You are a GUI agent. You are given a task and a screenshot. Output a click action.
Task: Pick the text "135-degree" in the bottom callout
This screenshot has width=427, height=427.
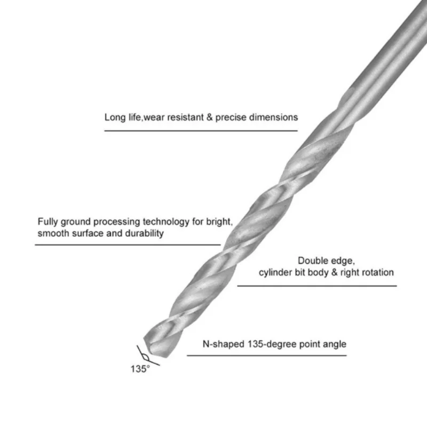(x=269, y=344)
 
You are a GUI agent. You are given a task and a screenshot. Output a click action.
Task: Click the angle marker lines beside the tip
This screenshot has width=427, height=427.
(x=143, y=352)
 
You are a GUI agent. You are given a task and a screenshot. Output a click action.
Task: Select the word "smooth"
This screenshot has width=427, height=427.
(x=53, y=234)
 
